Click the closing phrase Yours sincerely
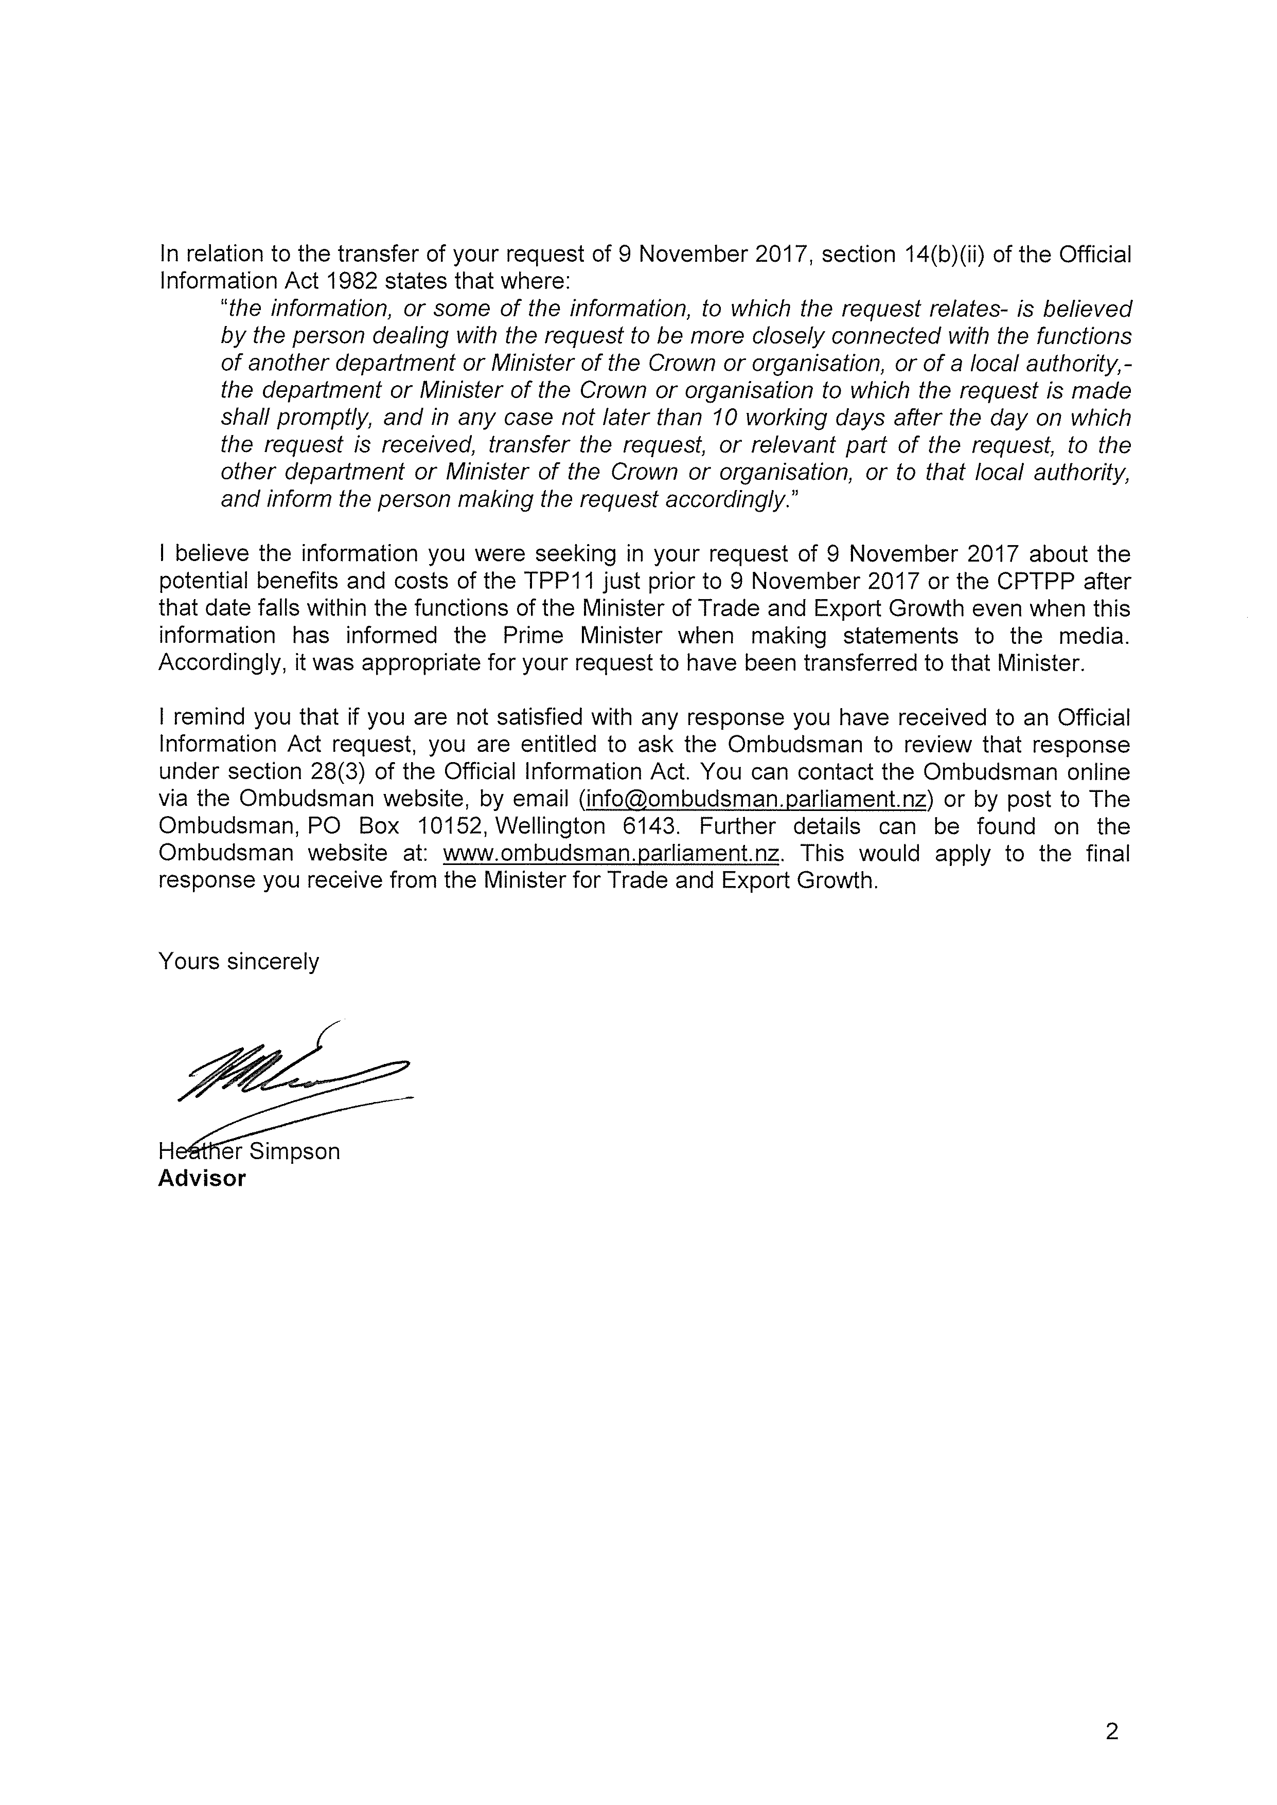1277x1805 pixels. [x=239, y=962]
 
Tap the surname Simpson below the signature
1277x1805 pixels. [x=295, y=1152]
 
